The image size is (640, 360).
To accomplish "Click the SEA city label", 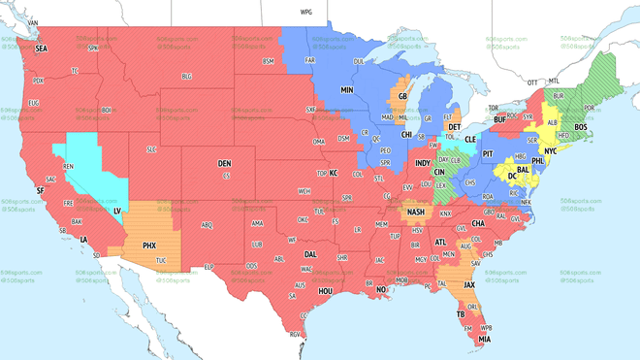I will pyautogui.click(x=41, y=48).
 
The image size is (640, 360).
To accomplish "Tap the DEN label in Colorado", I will pyautogui.click(x=224, y=163).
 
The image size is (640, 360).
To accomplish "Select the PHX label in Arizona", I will pyautogui.click(x=149, y=245).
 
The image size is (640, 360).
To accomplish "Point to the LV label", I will pyautogui.click(x=118, y=211).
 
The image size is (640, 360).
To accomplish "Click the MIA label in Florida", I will pyautogui.click(x=483, y=339).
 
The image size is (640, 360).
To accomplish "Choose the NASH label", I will pyautogui.click(x=415, y=213).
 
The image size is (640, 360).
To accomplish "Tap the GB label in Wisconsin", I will pyautogui.click(x=401, y=96).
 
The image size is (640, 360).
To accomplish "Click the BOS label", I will pyautogui.click(x=581, y=127).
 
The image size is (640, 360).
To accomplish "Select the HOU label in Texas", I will pyautogui.click(x=326, y=290).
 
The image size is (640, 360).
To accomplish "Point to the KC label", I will pyautogui.click(x=333, y=173).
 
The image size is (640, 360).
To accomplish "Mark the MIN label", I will pyautogui.click(x=346, y=89).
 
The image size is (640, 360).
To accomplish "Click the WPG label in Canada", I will pyautogui.click(x=306, y=13).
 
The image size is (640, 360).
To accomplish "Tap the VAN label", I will pyautogui.click(x=32, y=21).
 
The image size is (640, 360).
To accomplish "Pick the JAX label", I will pyautogui.click(x=469, y=284).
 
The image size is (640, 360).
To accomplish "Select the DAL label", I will pyautogui.click(x=310, y=253).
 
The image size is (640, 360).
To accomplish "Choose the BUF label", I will pyautogui.click(x=499, y=119).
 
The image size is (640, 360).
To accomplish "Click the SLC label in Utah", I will pyautogui.click(x=151, y=148).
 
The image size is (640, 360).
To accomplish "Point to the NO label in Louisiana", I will pyautogui.click(x=381, y=289).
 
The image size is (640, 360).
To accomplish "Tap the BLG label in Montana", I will pyautogui.click(x=187, y=76).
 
